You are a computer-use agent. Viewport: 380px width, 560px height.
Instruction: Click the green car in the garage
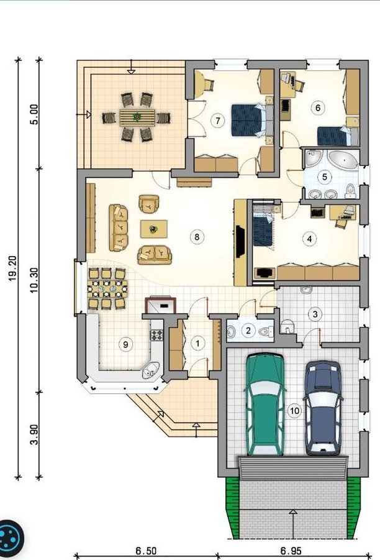tap(265, 404)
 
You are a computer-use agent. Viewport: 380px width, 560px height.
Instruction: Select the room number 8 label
tap(197, 236)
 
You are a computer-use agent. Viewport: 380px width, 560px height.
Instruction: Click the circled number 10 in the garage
tap(294, 411)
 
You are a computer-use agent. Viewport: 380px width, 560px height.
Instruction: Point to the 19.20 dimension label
tap(13, 269)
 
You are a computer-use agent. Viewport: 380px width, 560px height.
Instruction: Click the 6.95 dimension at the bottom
tap(291, 550)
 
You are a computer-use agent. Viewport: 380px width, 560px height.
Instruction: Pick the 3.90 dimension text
tap(34, 434)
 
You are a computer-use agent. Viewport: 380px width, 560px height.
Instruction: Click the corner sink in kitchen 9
tap(151, 370)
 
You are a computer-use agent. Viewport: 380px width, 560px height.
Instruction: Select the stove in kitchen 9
tap(156, 334)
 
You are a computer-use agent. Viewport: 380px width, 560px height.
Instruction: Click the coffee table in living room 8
tap(154, 229)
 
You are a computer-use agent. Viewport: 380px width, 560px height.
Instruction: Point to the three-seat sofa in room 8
tap(119, 228)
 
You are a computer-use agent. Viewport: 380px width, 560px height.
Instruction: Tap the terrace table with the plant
tap(137, 117)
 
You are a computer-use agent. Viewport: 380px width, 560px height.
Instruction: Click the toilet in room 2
tap(266, 331)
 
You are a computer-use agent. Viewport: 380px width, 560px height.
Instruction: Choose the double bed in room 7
tap(251, 120)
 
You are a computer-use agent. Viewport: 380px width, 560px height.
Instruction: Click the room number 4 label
tap(309, 238)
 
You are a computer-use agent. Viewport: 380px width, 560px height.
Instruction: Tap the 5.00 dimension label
tap(34, 114)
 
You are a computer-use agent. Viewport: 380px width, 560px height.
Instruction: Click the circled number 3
tap(315, 314)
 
